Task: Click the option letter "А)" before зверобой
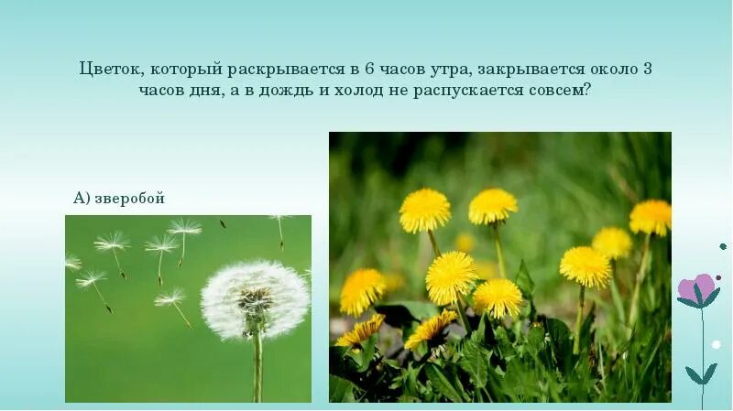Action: pos(82,199)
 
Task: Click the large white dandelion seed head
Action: pos(255,298)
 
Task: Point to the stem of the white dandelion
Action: pos(257,366)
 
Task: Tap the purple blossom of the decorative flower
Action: pos(695,287)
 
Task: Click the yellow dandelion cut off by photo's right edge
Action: pos(651,218)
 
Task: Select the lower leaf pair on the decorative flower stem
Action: pos(702,374)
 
